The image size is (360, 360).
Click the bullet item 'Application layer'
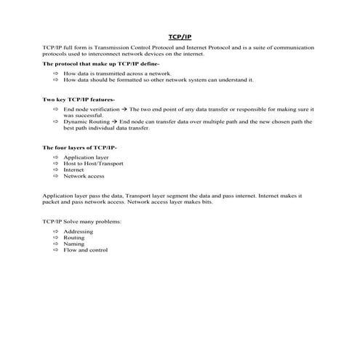click(x=86, y=157)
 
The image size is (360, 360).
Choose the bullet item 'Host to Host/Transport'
click(x=93, y=164)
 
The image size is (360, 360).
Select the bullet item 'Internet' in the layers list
click(x=73, y=170)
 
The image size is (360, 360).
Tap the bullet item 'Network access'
click(x=84, y=177)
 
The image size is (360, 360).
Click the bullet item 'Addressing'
click(x=78, y=231)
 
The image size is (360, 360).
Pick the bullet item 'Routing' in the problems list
click(x=73, y=238)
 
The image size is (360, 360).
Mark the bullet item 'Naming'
click(x=73, y=244)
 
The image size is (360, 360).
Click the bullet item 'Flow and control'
click(x=85, y=251)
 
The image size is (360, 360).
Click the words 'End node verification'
click(x=91, y=108)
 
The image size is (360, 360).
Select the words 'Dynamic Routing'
click(x=84, y=121)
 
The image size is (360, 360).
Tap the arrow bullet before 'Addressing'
click(x=55, y=231)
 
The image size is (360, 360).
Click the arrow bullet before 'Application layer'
click(x=55, y=157)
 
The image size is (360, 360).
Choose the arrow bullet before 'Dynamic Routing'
click(x=55, y=121)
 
